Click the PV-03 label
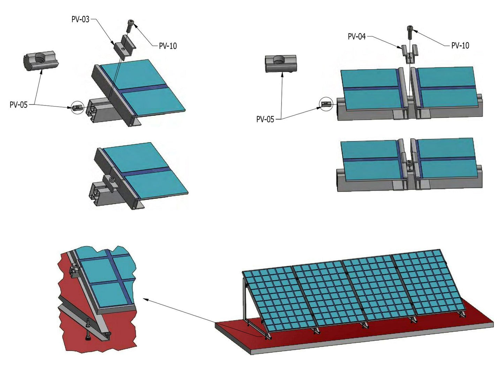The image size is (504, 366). (x=80, y=19)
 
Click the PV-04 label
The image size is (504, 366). (x=356, y=36)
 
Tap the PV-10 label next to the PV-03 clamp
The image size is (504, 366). (x=168, y=46)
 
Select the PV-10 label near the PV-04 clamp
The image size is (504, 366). (x=460, y=45)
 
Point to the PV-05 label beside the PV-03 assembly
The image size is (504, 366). (x=18, y=104)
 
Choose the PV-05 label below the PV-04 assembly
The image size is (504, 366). (x=265, y=119)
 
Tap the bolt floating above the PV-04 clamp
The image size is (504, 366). (x=410, y=32)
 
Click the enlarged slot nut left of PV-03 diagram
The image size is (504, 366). (x=41, y=60)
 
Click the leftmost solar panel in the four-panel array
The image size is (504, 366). (x=280, y=299)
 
